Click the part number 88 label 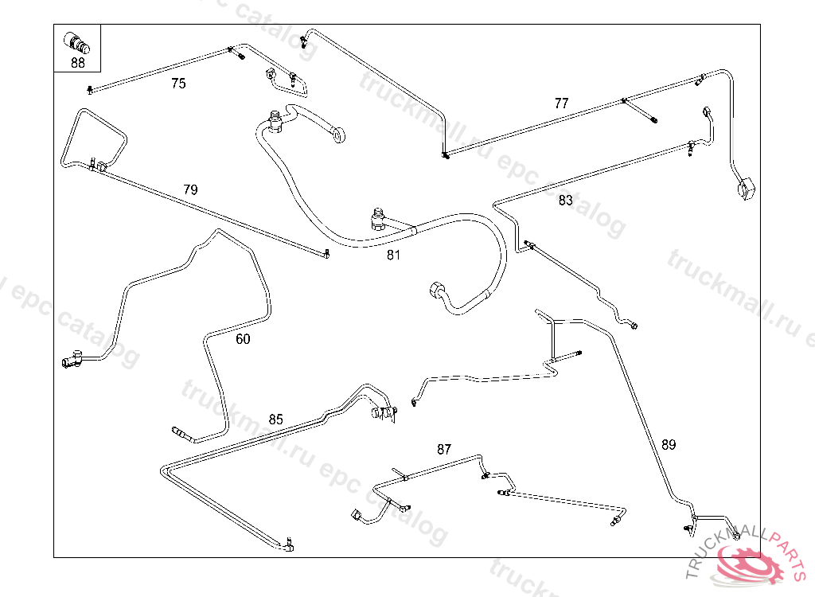[x=77, y=64]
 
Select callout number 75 [x=178, y=84]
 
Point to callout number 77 [x=562, y=103]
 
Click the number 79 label [x=190, y=189]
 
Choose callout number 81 [x=394, y=255]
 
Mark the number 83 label [x=565, y=201]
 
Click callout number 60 [x=243, y=339]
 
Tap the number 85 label [x=275, y=419]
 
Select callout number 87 [x=444, y=449]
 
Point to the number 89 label [x=669, y=445]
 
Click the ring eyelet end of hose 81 [x=339, y=136]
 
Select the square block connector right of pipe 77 [x=746, y=191]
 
